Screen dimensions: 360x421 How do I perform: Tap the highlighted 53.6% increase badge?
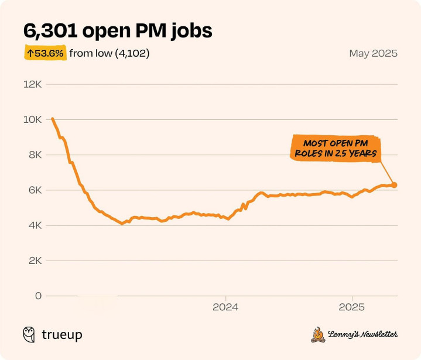click(45, 53)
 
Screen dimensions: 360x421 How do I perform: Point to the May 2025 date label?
click(373, 53)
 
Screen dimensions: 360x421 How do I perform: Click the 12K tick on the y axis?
click(32, 84)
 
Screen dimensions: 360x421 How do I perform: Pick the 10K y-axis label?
click(32, 119)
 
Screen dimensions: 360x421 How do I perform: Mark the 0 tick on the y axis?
click(38, 296)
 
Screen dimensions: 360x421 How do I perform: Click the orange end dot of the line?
click(394, 185)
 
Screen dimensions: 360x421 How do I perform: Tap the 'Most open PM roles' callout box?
click(335, 149)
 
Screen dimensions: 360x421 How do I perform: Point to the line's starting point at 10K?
click(53, 119)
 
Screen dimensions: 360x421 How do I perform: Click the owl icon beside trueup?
click(29, 334)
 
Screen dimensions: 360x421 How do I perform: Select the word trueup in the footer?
click(61, 335)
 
